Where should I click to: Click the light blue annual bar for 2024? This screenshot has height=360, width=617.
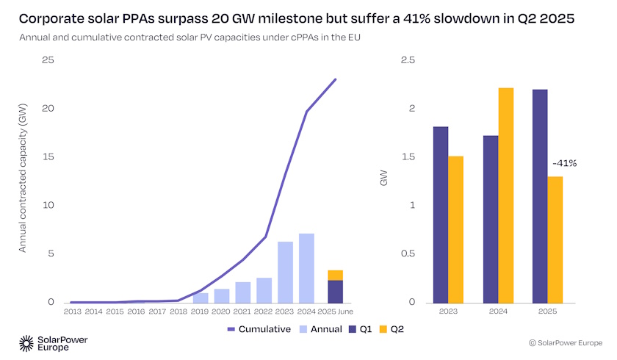point(306,268)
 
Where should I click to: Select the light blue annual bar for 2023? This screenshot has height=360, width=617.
point(285,272)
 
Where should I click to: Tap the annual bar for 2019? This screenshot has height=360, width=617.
point(201,298)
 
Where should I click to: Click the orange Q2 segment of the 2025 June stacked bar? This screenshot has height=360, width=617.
point(335,276)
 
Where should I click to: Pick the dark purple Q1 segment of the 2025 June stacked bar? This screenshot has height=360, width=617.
point(335,292)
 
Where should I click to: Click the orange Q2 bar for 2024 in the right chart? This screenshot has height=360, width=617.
point(505,195)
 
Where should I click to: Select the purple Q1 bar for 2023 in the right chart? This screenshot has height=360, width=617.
point(441,215)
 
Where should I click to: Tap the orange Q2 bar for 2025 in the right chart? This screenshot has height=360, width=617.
point(555,240)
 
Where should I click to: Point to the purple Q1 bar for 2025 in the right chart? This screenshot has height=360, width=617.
point(539,195)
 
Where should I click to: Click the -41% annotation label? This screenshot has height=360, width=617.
point(564,163)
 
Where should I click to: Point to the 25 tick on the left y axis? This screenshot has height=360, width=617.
point(48,60)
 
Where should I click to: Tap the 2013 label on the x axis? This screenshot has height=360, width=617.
point(73,312)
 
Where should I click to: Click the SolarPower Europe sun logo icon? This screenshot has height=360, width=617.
point(26,342)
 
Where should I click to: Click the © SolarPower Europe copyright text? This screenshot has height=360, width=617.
point(563,343)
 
